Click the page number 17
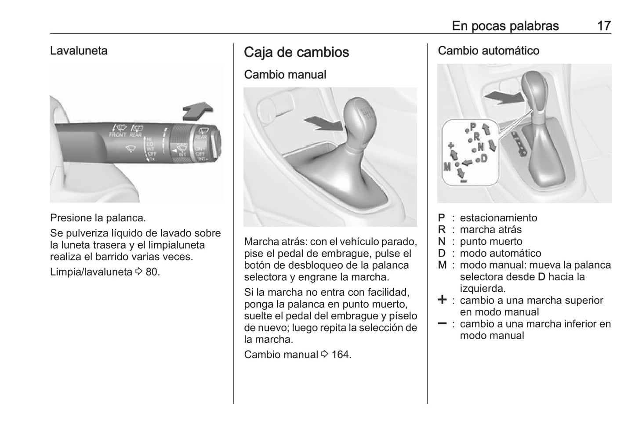coord(604,26)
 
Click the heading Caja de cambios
coord(296,52)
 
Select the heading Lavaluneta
coord(79,51)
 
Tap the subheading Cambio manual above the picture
coord(285,75)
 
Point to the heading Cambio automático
coord(488,51)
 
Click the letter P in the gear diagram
coord(473,127)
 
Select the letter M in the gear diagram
coord(447,167)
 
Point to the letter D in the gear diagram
coord(484,158)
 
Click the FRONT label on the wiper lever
coord(117,135)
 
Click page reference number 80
coord(152,272)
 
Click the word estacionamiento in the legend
coord(498,217)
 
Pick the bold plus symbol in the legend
coord(442,300)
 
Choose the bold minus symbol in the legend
coord(442,323)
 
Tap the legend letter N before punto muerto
coord(441,242)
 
